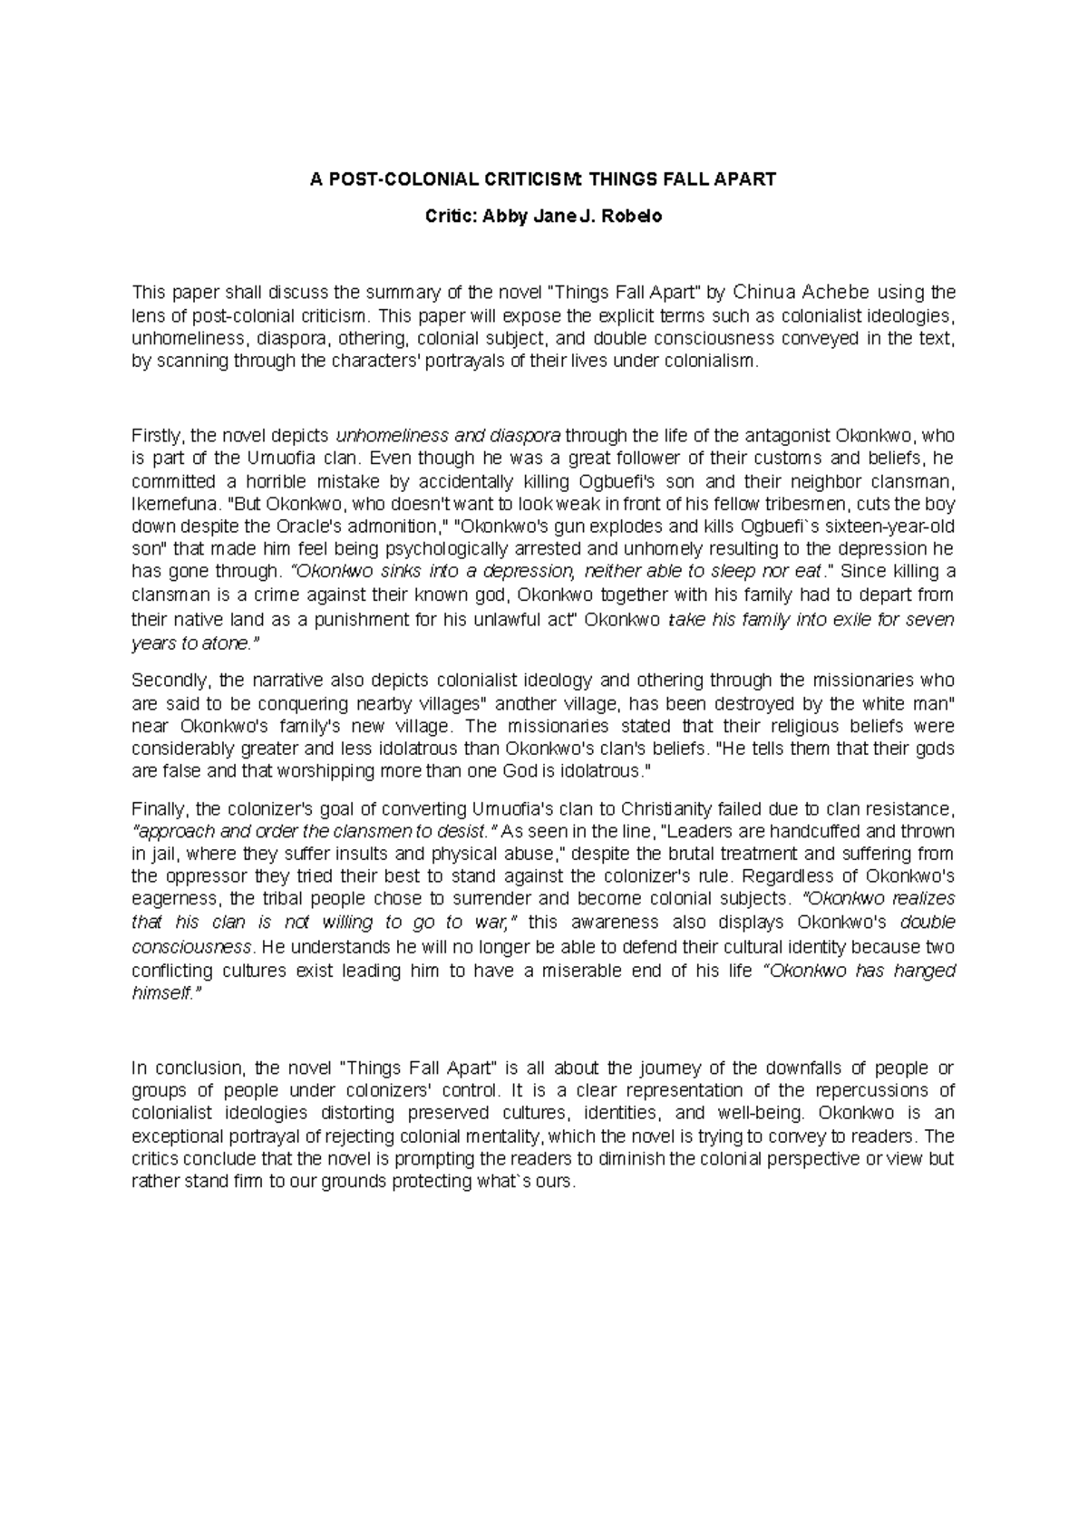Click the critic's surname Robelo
coord(633,217)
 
